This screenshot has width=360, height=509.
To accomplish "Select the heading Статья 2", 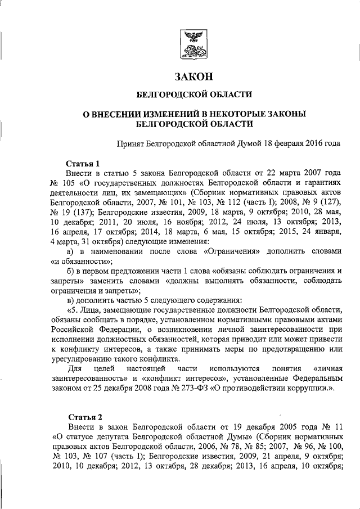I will tap(85, 416).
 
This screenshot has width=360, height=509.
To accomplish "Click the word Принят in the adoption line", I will tap(130, 144).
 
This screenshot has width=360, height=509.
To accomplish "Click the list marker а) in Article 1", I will tap(71, 251).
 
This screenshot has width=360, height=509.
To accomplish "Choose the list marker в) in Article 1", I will tap(70, 300).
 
